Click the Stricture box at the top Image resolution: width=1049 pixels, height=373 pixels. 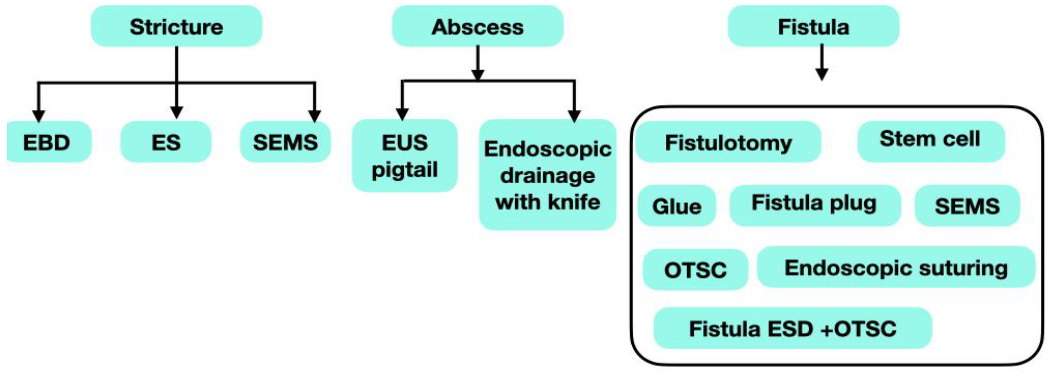176,27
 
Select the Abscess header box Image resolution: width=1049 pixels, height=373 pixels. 478,27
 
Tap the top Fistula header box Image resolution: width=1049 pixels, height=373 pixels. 813,27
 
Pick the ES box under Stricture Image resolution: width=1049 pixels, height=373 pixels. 166,142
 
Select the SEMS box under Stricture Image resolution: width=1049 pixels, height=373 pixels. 285,142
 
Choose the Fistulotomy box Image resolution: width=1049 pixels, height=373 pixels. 728,142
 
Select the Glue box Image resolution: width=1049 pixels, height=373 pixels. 677,206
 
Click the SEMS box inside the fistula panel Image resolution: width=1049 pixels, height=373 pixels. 967,206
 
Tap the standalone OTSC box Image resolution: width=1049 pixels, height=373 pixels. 695,269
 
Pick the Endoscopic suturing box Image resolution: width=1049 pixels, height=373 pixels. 896,268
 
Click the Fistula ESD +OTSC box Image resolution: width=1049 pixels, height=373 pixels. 792,328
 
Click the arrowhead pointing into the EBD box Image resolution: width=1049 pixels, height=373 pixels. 38,116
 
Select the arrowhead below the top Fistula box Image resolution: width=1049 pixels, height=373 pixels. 822,75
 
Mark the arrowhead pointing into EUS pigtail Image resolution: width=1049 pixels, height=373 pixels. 402,114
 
